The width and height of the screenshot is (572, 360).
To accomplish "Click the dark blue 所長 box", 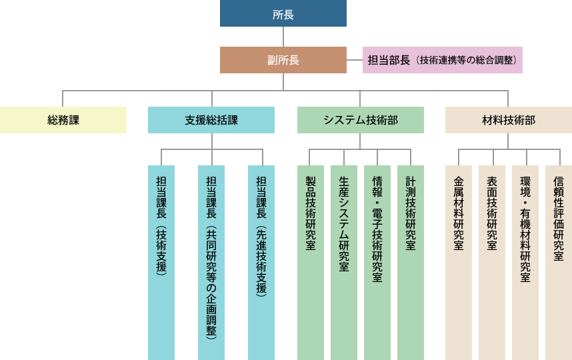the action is point(283,13).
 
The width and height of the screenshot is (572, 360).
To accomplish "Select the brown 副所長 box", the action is point(283,60).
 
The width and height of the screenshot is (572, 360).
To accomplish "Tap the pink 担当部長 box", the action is point(442,60).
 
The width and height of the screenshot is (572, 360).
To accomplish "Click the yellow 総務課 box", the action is point(63,120).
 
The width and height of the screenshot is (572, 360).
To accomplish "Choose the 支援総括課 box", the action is point(211,120).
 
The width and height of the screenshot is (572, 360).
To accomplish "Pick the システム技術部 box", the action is point(361,120).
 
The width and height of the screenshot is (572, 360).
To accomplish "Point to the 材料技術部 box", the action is point(509,120).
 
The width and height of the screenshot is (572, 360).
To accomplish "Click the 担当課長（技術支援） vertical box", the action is point(161,263).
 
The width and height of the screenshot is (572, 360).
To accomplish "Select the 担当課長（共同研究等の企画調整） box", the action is point(211,263).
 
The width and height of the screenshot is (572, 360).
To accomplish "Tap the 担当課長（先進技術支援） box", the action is point(261,263).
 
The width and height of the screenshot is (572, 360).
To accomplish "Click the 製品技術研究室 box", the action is point(311,263).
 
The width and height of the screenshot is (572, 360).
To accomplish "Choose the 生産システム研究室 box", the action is point(344,263).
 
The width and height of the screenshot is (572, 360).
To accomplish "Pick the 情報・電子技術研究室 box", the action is point(377,263).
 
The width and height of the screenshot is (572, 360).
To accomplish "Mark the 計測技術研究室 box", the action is point(411,263).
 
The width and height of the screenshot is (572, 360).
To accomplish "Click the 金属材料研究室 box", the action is point(459,263).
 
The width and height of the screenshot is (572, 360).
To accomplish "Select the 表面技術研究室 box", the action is point(492,263).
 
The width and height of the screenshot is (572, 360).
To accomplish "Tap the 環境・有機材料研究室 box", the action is point(525,263).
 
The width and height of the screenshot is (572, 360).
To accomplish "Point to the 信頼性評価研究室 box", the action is point(559,263).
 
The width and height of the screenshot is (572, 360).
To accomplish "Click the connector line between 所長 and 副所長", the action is point(283,37).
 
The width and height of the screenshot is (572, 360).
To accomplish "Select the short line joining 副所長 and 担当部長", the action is point(355,60).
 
